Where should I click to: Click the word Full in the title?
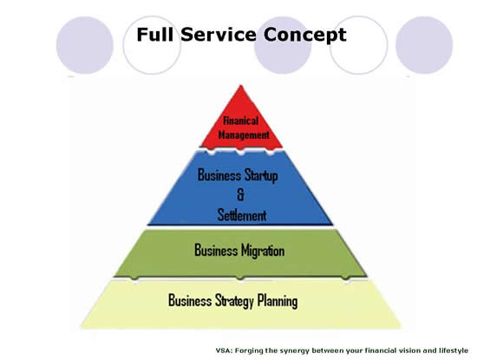(x=155, y=35)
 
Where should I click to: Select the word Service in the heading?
(x=219, y=35)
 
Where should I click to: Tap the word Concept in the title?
(x=304, y=36)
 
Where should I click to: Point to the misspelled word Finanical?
(x=240, y=121)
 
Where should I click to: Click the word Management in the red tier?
(x=244, y=134)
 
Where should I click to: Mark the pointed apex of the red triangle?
(x=241, y=85)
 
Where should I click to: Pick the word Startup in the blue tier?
(x=261, y=175)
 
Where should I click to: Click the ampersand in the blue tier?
(x=240, y=195)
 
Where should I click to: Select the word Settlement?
(x=242, y=215)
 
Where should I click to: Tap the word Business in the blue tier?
(x=219, y=174)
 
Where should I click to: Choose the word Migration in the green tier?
(x=263, y=251)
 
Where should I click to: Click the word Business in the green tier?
(x=216, y=250)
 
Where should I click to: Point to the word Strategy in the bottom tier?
(x=234, y=301)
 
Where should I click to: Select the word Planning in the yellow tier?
(x=278, y=301)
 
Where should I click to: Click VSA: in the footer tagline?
(x=224, y=350)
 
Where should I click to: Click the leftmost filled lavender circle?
(x=85, y=45)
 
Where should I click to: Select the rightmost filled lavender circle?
(x=424, y=45)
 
